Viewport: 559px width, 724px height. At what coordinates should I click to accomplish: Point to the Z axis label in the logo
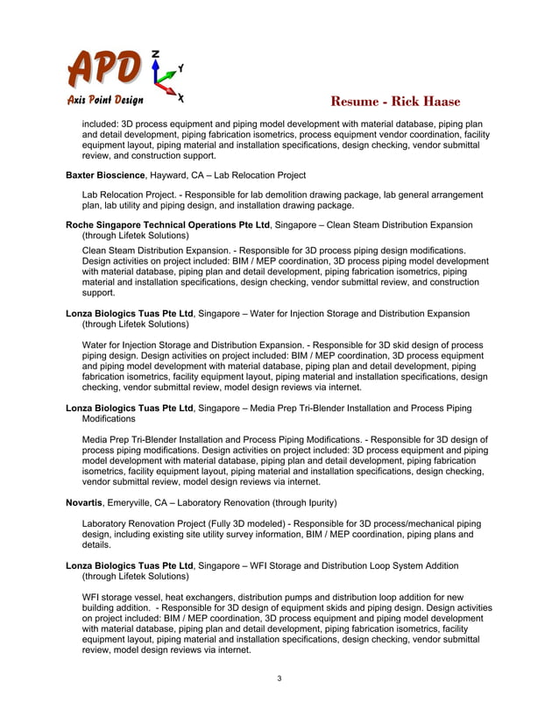tap(155, 54)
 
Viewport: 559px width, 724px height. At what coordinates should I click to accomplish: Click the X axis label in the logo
tap(180, 96)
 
